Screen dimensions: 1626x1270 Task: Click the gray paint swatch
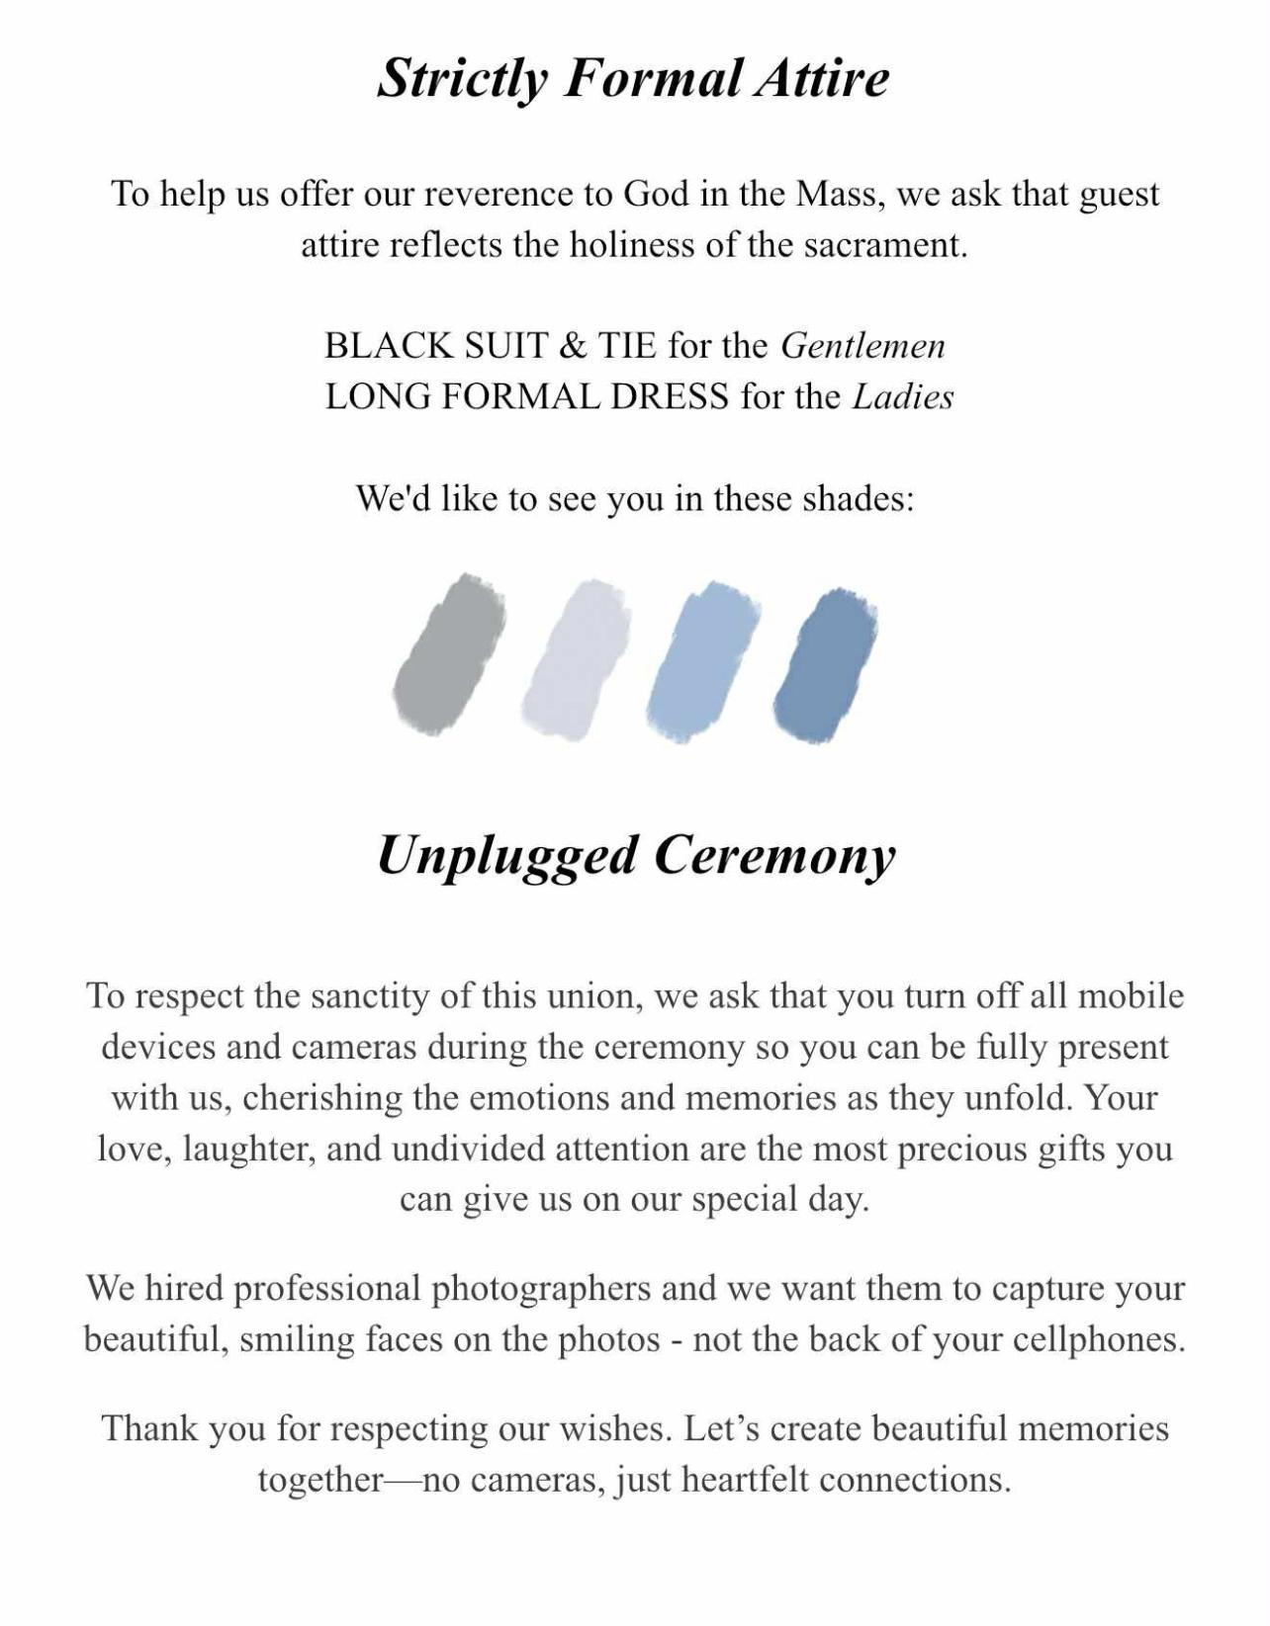pos(449,653)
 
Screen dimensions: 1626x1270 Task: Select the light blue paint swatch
pos(703,660)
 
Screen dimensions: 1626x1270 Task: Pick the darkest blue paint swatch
pos(825,666)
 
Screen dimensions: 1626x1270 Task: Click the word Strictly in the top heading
pos(462,78)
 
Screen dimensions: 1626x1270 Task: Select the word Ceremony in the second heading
pos(774,855)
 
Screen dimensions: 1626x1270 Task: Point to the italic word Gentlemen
pos(862,345)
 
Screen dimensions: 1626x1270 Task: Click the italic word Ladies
pos(903,396)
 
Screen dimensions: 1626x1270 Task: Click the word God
pos(656,193)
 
